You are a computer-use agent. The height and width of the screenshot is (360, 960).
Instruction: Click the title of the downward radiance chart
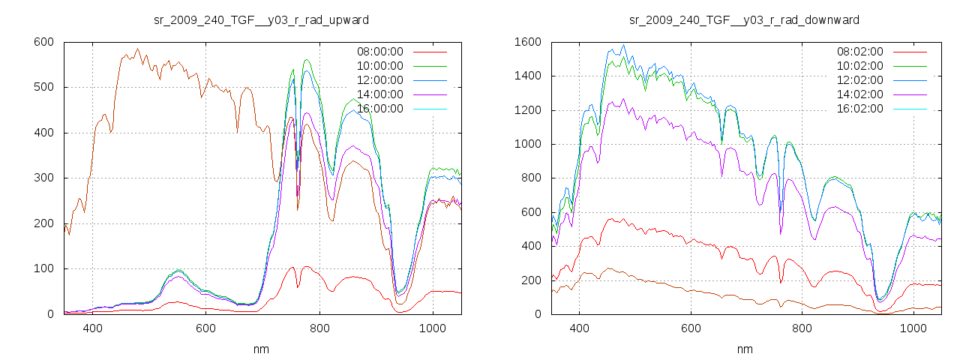pos(744,19)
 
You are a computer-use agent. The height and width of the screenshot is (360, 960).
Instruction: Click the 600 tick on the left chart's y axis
pos(43,42)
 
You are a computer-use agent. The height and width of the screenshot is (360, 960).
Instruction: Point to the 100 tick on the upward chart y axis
pos(43,268)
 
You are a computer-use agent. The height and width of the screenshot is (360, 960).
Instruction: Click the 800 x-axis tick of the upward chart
pos(319,328)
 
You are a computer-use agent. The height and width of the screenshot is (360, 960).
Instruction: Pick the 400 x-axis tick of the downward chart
pos(578,328)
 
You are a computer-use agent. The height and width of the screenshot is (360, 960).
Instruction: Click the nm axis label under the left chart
pos(261,349)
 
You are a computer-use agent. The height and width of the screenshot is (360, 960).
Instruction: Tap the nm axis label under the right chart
pos(745,349)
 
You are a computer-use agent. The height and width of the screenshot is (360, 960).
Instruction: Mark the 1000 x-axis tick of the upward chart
pos(432,328)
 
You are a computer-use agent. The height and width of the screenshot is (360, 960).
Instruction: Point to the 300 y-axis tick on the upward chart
pos(43,178)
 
